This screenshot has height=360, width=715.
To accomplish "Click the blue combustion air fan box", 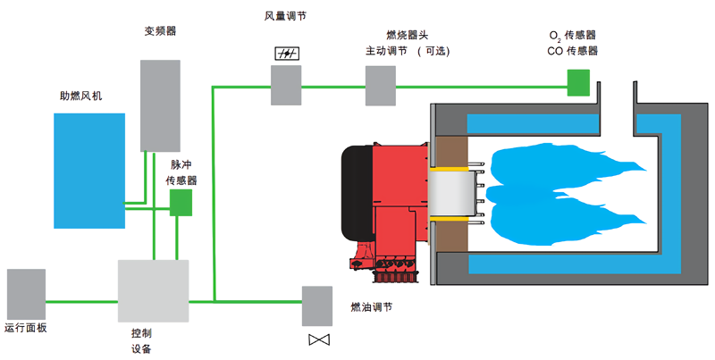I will coord(88,171).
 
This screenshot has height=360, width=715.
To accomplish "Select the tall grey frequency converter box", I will coord(160,105).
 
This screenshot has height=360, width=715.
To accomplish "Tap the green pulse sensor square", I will coord(181,203).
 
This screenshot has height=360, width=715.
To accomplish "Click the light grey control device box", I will coord(154,291).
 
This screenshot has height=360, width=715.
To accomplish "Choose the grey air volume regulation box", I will coord(286,86).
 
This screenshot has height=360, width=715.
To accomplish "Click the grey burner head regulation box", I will coord(380,86).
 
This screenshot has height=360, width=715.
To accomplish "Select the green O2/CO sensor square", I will coord(579,82).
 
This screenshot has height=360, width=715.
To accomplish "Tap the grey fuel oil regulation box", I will coord(317,306).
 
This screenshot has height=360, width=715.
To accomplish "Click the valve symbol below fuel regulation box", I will coord(317,340).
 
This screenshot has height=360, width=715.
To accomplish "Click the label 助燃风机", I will coord(76,96).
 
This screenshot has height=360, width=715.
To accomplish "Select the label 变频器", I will coord(160,30).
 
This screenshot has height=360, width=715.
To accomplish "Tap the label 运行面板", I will coord(25,329).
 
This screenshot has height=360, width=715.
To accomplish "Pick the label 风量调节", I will coord(286,17).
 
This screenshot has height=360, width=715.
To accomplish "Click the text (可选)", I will coord(433,51).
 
